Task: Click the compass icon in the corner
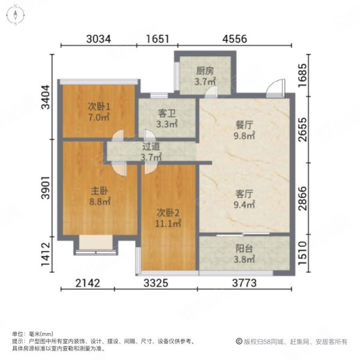pos(15,15)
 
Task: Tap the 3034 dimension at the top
pos(98,39)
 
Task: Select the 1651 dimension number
pos(157,39)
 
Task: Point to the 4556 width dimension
pos(235,39)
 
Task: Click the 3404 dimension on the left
pos(46,97)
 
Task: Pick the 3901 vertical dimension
pos(46,188)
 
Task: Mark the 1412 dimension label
pos(46,254)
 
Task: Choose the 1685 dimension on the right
pos(302,75)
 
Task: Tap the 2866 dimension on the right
pos(302,198)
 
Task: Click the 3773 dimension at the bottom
pos(244,283)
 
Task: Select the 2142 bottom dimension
pos(88,283)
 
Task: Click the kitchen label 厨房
pos(205,71)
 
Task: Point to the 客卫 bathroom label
pos(167,113)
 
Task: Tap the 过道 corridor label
pos(151,147)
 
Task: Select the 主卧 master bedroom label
pos(100,191)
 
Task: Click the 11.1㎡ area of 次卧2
pos(168,224)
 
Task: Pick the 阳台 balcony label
pos(244,248)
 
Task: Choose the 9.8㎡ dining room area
pos(244,136)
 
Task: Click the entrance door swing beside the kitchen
pos(275,88)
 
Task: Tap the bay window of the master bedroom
pos(96,245)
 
